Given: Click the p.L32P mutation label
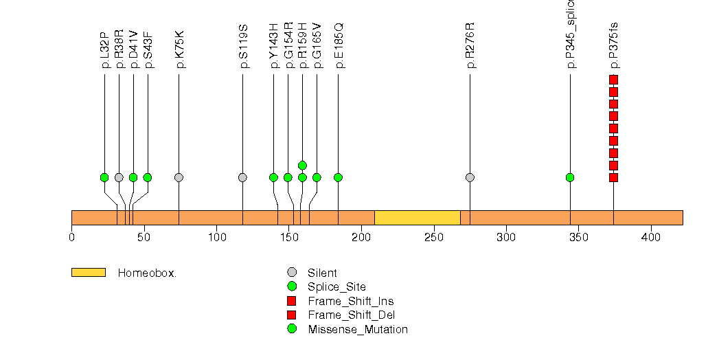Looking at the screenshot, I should (104, 50).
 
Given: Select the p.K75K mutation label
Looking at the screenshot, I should (179, 50).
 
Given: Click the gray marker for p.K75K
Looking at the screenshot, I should (179, 177).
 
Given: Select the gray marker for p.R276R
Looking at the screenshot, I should (470, 177).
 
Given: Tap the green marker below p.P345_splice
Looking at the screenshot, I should (570, 177).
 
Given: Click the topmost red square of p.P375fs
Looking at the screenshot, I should (613, 80).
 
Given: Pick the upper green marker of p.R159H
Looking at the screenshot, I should (302, 165).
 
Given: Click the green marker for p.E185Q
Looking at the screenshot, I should (338, 177).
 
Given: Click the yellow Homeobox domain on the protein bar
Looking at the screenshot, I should (417, 218).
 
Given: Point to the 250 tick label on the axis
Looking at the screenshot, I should (433, 238).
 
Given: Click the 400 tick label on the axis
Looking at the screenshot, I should (650, 238).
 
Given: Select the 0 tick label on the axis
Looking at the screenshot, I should (72, 238).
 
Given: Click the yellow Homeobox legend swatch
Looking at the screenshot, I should (88, 273).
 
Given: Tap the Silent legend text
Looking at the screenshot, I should (322, 273).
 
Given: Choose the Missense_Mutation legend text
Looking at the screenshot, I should (358, 329).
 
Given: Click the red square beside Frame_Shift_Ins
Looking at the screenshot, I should (292, 301).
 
